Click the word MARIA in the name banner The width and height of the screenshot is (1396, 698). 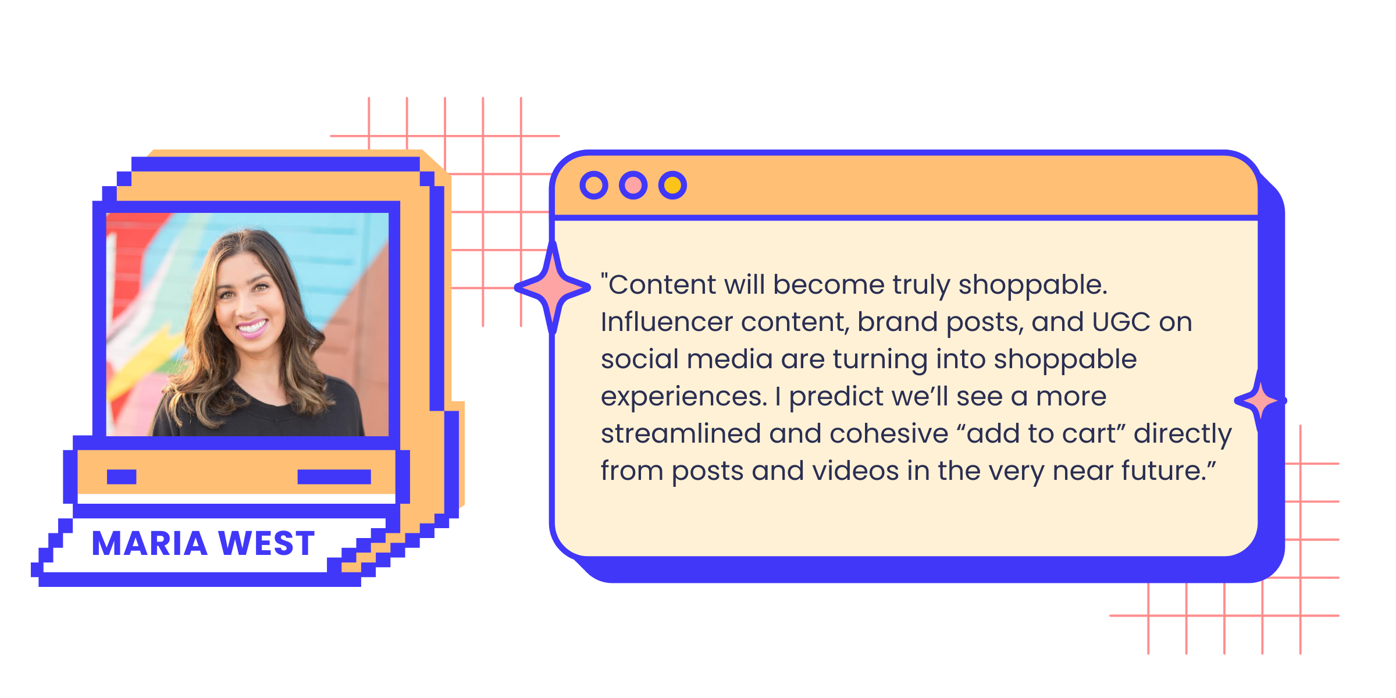(150, 543)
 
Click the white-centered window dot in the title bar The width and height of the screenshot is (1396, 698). (594, 186)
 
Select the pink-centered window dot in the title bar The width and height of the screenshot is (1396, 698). (633, 186)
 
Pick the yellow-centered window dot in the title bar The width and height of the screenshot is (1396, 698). (673, 186)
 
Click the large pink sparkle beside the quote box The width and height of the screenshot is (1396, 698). (553, 287)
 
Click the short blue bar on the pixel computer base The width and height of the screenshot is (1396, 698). (122, 477)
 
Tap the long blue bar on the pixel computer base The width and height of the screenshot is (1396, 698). (334, 477)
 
